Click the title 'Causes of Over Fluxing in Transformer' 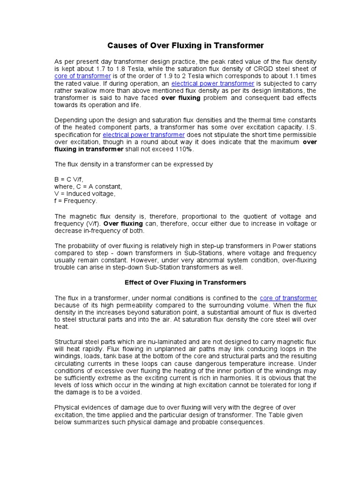(x=186, y=45)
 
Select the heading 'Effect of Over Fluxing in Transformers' (x=185, y=283)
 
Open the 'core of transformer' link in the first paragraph (x=82, y=76)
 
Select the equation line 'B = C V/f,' (x=69, y=179)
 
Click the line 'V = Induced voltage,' (x=85, y=194)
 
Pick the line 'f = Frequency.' (x=76, y=201)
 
